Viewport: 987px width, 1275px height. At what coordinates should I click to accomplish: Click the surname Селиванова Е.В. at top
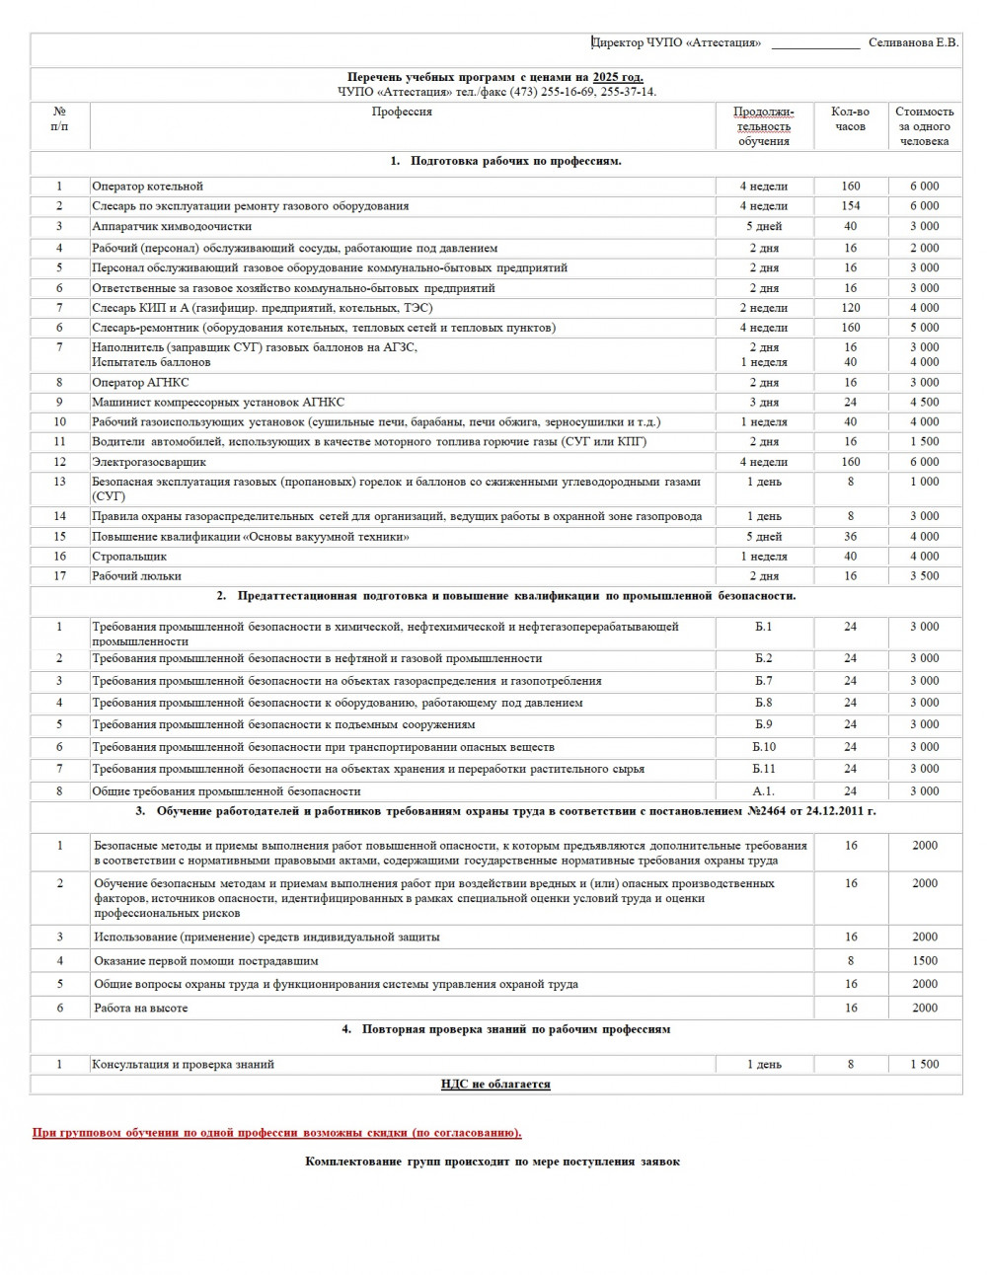click(913, 42)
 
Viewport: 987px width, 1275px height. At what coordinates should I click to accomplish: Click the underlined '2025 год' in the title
click(618, 77)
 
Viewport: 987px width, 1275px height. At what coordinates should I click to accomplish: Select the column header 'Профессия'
click(402, 112)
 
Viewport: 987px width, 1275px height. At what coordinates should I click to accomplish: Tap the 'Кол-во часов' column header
click(850, 119)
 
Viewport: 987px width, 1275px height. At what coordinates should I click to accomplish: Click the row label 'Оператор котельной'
click(147, 186)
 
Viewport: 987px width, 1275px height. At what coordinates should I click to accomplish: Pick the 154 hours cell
click(850, 206)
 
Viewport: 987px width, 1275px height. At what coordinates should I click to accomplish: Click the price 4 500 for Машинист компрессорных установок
click(924, 402)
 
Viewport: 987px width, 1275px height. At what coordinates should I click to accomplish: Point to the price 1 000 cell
click(924, 482)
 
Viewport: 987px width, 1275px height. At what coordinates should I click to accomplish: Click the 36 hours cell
click(850, 537)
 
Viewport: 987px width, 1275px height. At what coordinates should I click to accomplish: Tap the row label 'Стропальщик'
click(129, 557)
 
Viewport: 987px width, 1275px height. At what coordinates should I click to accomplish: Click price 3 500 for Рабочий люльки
click(924, 576)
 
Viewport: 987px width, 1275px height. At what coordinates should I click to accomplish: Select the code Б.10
click(764, 747)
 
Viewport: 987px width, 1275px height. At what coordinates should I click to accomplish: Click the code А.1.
click(764, 791)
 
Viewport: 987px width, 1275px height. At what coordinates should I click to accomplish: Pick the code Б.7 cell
click(764, 681)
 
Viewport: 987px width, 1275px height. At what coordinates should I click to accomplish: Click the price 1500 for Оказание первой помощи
click(925, 960)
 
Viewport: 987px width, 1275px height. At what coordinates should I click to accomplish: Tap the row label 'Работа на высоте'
click(140, 1008)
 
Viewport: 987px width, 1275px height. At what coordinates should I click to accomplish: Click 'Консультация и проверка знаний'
click(183, 1065)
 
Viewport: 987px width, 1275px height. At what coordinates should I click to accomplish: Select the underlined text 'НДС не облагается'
click(495, 1084)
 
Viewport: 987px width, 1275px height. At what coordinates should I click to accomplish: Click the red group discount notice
click(277, 1133)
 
